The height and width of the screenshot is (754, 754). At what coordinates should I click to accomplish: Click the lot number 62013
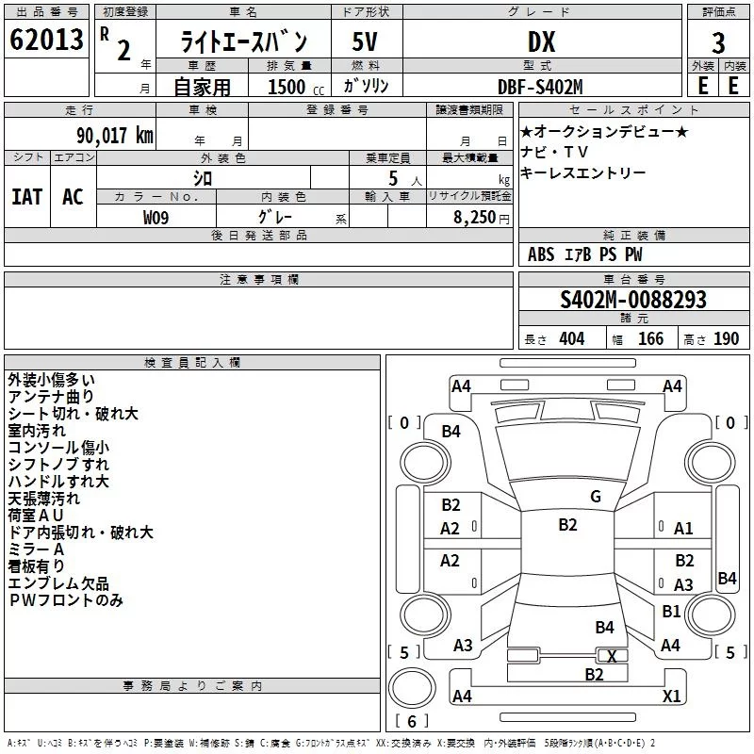[x=44, y=41]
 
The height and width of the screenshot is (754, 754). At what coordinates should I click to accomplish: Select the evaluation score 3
[x=718, y=42]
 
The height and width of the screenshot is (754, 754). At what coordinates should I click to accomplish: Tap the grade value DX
[x=541, y=42]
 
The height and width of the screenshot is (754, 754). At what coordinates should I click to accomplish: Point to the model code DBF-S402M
[x=540, y=86]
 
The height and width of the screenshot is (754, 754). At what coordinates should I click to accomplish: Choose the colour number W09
[x=156, y=217]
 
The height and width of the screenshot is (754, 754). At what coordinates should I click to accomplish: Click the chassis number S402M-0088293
[x=632, y=300]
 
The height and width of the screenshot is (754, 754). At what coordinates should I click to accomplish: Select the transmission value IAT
[x=27, y=196]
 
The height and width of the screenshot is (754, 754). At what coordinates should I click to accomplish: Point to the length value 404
[x=571, y=339]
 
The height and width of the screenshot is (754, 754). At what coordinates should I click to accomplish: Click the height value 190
[x=726, y=339]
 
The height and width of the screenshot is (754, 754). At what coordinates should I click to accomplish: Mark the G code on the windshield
[x=595, y=497]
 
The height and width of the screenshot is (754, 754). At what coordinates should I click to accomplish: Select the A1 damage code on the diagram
[x=683, y=529]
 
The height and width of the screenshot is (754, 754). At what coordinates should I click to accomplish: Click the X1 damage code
[x=672, y=697]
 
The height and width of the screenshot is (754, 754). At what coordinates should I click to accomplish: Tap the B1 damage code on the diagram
[x=671, y=612]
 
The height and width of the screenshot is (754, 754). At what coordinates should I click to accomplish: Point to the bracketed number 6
[x=413, y=721]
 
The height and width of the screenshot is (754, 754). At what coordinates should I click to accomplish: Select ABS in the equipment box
[x=541, y=254]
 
